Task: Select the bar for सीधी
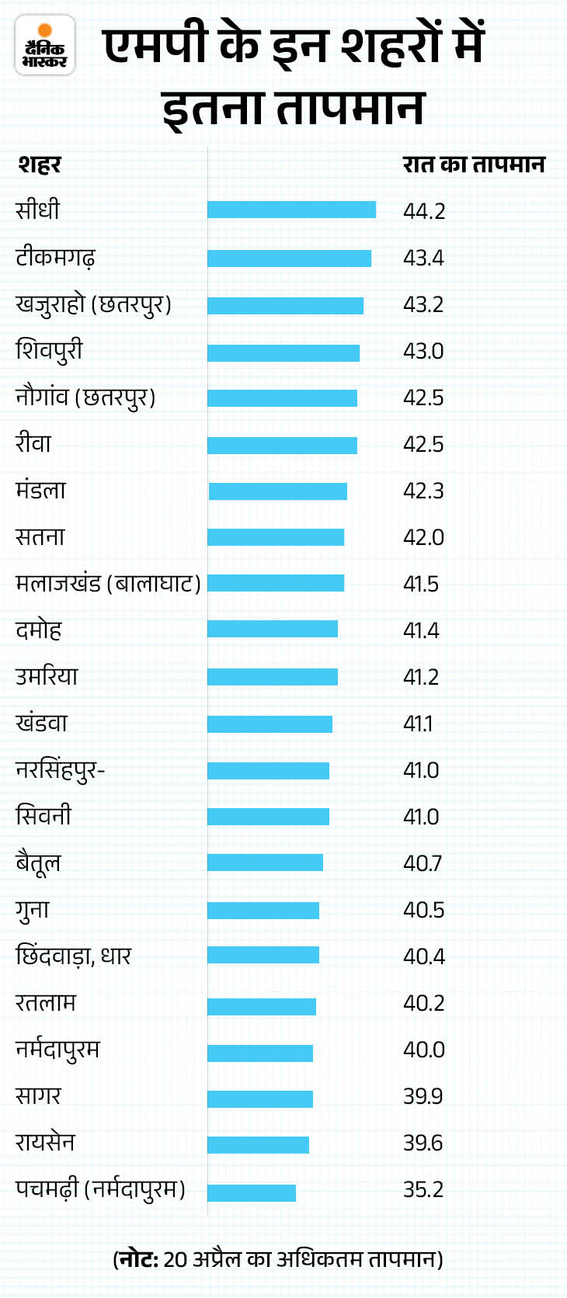tap(291, 210)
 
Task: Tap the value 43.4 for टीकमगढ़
tap(423, 258)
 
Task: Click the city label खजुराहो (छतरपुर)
tap(93, 304)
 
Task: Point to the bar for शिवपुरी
tap(283, 353)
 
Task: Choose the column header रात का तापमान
tap(474, 165)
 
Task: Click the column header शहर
tap(39, 165)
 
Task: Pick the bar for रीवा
tap(282, 445)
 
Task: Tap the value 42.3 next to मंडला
tap(423, 491)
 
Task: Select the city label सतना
tap(40, 536)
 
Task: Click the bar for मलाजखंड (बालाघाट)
tap(276, 583)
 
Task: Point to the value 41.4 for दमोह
tap(421, 630)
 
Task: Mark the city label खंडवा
tap(41, 723)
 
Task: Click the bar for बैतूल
tap(265, 862)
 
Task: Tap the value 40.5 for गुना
tap(423, 910)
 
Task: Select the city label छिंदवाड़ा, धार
tap(74, 956)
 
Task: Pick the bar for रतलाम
tap(262, 1007)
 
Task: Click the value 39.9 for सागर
tap(423, 1096)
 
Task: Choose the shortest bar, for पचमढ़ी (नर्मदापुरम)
tap(252, 1192)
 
